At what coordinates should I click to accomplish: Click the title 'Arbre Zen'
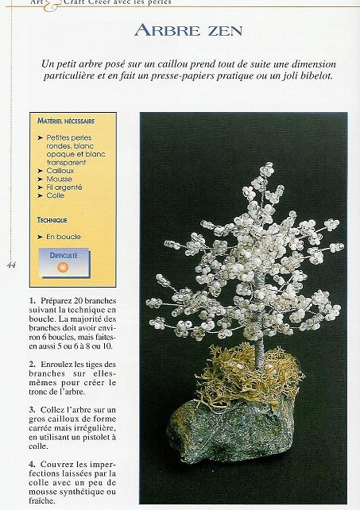(x=188, y=31)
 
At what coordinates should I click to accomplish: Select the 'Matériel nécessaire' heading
(x=66, y=122)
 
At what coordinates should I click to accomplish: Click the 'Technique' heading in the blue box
(x=52, y=220)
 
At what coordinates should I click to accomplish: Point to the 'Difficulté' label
(x=64, y=257)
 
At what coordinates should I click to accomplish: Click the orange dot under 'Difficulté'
(x=64, y=269)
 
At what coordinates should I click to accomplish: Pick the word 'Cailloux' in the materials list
(x=60, y=171)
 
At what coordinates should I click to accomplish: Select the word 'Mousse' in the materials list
(x=59, y=179)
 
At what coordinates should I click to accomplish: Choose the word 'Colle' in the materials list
(x=56, y=195)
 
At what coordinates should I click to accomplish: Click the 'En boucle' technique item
(x=64, y=237)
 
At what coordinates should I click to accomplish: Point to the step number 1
(x=32, y=300)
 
